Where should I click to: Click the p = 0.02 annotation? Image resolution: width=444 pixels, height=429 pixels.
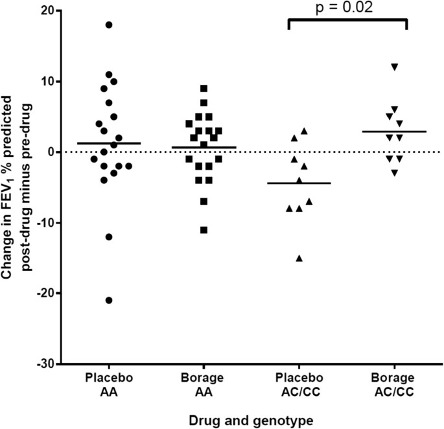(346, 8)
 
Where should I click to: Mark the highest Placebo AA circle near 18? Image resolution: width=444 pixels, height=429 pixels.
(109, 25)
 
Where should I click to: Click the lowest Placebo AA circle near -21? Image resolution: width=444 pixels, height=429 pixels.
(109, 300)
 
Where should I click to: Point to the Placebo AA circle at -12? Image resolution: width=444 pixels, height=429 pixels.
(109, 237)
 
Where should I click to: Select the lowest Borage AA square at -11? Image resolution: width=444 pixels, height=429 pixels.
(204, 229)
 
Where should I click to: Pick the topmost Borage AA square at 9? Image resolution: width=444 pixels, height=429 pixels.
(204, 88)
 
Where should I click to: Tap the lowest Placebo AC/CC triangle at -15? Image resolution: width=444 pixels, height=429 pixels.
(299, 258)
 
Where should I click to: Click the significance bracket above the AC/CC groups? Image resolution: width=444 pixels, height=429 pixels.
(346, 21)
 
